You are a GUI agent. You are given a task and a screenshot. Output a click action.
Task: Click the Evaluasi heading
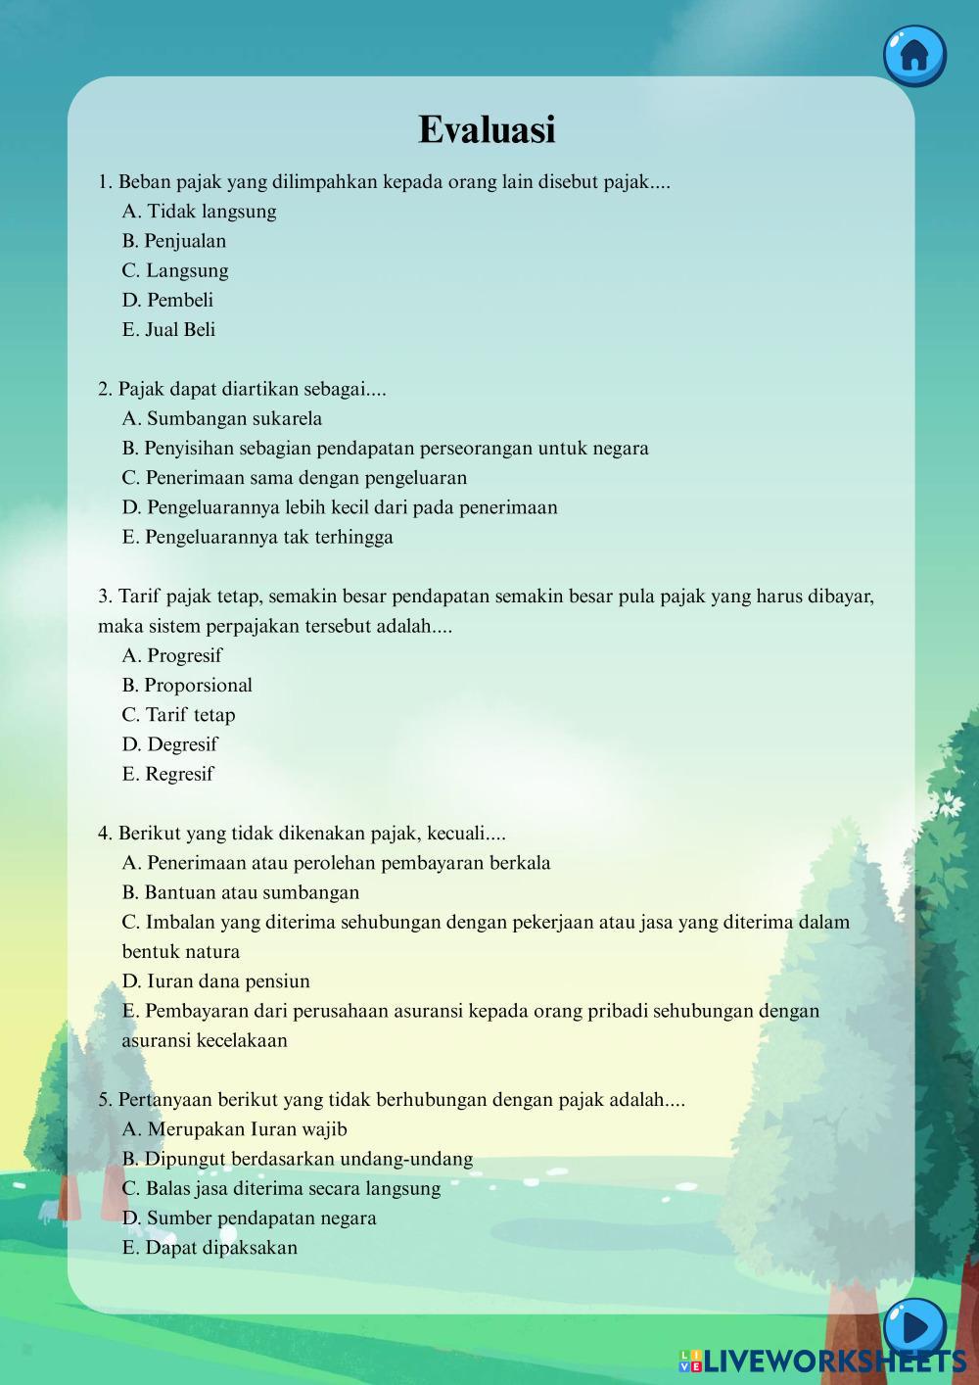click(x=487, y=129)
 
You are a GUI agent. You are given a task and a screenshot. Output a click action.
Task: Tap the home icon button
click(x=913, y=54)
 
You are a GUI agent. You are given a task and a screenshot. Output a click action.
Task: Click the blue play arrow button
click(x=914, y=1327)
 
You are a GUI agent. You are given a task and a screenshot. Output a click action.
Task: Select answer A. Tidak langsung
click(x=199, y=212)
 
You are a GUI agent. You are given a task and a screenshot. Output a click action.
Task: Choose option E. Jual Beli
click(x=168, y=330)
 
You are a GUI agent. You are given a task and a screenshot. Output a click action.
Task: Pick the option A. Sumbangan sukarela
click(x=221, y=419)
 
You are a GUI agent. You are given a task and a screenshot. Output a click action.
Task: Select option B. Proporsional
click(x=187, y=686)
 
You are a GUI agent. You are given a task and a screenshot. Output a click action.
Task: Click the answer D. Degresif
click(x=169, y=744)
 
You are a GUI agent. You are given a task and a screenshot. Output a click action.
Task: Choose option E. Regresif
click(x=167, y=775)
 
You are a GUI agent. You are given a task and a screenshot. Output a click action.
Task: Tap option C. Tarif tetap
click(x=178, y=715)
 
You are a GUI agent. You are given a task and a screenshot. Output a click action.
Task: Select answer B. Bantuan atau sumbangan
click(x=241, y=892)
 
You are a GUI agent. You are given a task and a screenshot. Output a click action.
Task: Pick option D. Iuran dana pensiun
click(x=215, y=981)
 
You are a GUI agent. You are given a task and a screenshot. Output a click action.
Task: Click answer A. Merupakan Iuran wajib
click(x=234, y=1129)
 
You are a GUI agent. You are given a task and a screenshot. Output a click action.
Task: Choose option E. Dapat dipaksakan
click(x=210, y=1248)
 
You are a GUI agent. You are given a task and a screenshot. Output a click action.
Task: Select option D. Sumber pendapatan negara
click(x=249, y=1218)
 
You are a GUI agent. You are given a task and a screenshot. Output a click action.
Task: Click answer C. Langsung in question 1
click(x=175, y=271)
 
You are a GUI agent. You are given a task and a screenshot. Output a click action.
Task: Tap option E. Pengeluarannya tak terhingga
click(x=257, y=538)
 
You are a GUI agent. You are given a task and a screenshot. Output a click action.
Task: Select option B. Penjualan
click(x=174, y=241)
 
